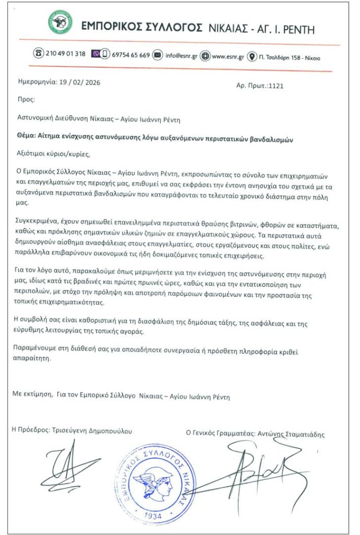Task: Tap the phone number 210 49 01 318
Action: (66, 54)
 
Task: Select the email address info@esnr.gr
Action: (181, 55)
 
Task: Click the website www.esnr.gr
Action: (229, 56)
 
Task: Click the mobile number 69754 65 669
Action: (131, 55)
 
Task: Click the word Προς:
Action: (26, 98)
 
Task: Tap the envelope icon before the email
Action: (157, 55)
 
